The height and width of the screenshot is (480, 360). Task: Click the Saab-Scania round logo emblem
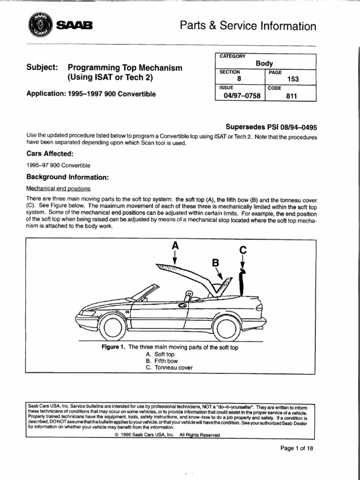39,25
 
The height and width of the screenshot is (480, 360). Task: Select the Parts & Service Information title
248,26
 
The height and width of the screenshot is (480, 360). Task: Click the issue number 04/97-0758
240,96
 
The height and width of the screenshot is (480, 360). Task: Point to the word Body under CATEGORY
264,63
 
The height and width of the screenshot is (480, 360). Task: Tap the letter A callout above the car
175,245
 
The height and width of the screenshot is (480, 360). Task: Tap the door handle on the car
182,306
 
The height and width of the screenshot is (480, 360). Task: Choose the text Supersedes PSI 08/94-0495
271,127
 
